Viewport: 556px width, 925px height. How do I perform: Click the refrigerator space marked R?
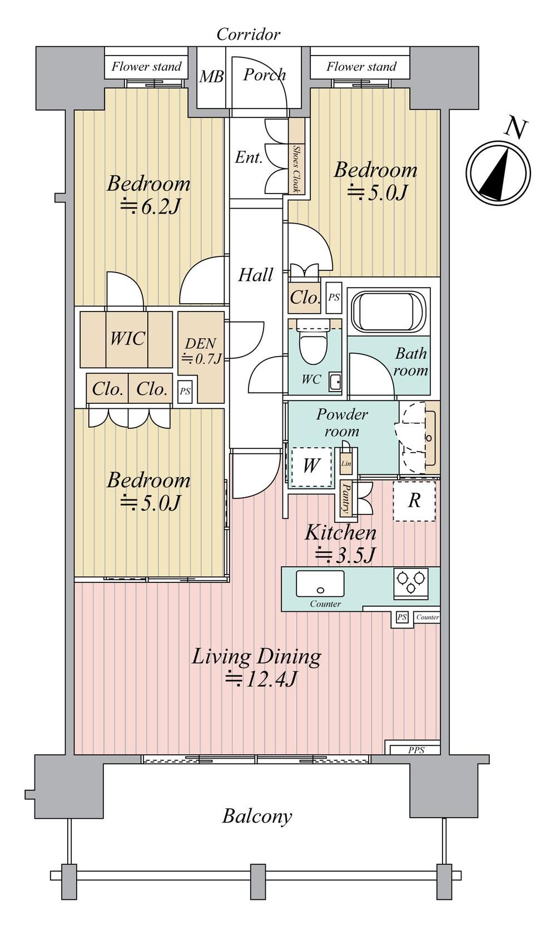(x=414, y=501)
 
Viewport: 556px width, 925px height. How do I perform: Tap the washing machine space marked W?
(x=311, y=467)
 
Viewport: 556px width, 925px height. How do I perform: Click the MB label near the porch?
(x=212, y=77)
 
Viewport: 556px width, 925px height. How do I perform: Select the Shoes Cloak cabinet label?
(x=296, y=169)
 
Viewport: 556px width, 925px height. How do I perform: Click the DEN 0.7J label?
(x=201, y=351)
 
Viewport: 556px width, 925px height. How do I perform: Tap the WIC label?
(x=127, y=339)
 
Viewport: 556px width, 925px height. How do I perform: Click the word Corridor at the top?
(x=249, y=34)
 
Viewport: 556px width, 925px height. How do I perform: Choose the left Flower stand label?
(x=147, y=67)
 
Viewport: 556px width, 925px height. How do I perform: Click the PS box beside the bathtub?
(x=334, y=298)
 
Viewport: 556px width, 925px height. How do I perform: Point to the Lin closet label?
(x=346, y=463)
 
